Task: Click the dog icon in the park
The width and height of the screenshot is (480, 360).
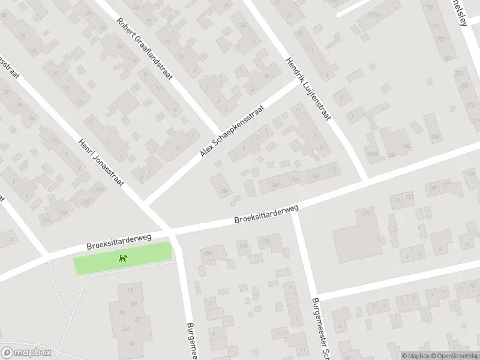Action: click(x=123, y=259)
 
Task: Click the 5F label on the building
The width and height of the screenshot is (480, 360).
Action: click(x=132, y=343)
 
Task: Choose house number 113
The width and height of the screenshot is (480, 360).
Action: click(x=243, y=245)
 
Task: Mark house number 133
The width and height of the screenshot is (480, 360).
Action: click(x=409, y=196)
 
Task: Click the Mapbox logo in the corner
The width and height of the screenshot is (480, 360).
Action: click(x=26, y=353)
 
